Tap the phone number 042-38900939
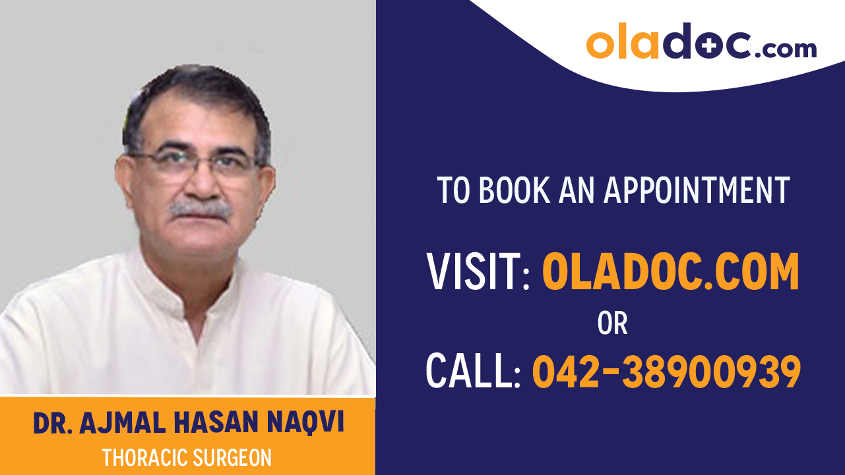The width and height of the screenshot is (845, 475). click(x=666, y=371)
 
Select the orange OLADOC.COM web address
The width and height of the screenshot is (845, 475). click(x=670, y=272)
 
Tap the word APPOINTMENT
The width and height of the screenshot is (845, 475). click(x=697, y=190)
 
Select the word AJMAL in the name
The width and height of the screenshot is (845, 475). click(x=121, y=424)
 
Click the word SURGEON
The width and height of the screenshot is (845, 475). click(x=232, y=457)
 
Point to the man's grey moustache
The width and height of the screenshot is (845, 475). click(x=200, y=210)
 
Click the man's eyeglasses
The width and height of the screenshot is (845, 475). click(x=195, y=164)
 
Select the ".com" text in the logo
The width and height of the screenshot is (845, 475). click(x=785, y=47)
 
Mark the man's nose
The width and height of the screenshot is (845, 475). click(x=197, y=184)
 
